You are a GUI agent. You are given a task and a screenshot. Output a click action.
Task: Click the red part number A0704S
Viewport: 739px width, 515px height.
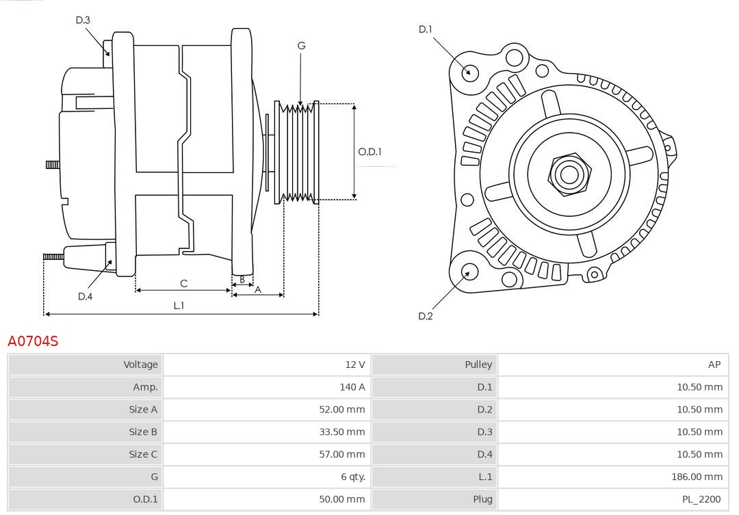tap(33, 341)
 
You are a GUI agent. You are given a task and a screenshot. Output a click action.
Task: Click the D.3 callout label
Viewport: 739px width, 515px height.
tap(83, 21)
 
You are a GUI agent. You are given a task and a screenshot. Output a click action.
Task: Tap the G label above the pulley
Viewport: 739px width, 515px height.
tap(301, 46)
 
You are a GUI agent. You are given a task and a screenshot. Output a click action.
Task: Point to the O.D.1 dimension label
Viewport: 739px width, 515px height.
tap(370, 152)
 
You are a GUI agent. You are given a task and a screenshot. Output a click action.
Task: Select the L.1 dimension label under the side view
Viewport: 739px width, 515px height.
tap(179, 306)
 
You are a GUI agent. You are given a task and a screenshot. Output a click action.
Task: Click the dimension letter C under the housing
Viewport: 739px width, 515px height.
tap(183, 283)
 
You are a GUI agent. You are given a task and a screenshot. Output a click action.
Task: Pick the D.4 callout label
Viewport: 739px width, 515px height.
tap(85, 296)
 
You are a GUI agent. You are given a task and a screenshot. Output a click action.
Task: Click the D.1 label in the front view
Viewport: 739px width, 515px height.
tap(426, 29)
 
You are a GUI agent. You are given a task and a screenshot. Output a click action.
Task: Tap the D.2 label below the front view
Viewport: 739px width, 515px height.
tap(426, 316)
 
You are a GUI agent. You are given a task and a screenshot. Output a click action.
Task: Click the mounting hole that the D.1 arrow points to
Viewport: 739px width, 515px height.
tap(470, 72)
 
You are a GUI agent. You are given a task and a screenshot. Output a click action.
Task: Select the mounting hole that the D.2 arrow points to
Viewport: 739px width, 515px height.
tap(468, 272)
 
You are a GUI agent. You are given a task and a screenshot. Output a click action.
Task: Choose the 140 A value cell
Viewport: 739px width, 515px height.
tap(352, 387)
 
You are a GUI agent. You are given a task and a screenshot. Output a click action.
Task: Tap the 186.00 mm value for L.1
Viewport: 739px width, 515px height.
tap(697, 477)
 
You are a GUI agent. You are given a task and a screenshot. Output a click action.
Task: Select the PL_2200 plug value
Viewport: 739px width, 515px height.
tap(702, 500)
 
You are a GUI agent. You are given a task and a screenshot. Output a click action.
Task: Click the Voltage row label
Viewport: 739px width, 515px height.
tap(140, 365)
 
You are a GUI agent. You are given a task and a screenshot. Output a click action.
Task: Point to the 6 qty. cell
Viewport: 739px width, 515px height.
tap(353, 477)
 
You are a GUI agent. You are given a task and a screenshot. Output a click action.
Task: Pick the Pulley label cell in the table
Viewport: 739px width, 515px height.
tap(478, 365)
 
